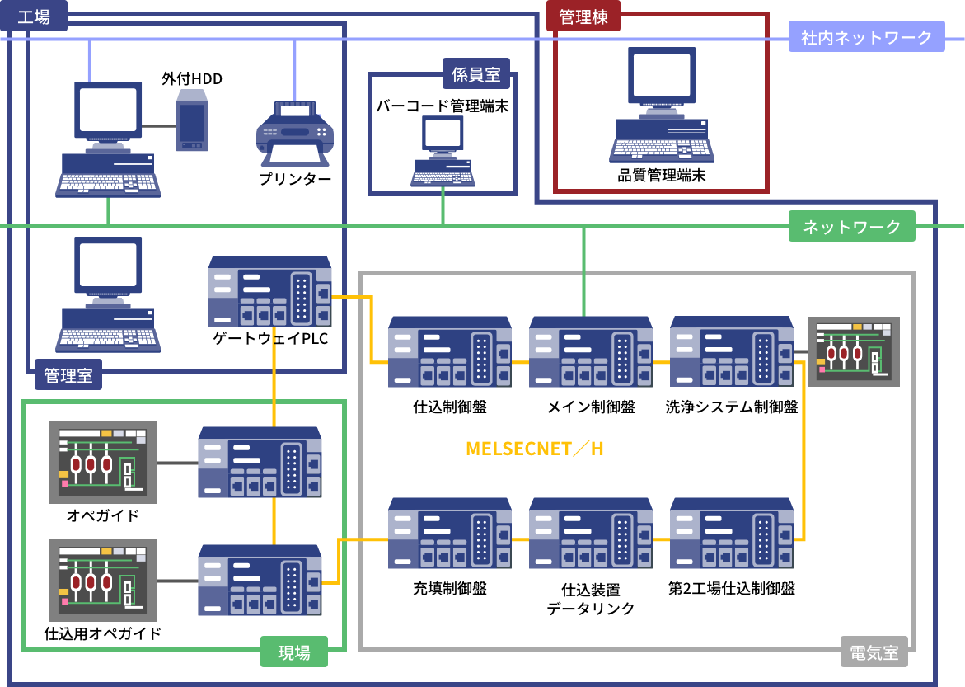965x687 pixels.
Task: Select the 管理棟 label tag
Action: coord(583,17)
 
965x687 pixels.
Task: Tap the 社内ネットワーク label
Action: coord(866,37)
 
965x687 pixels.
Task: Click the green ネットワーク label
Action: coord(851,227)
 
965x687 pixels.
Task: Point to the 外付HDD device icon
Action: coord(192,120)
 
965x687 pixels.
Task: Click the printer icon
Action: coord(294,134)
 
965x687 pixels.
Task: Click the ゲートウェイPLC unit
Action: coord(270,292)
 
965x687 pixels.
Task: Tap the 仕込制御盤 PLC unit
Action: coord(449,351)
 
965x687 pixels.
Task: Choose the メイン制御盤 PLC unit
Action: coord(591,351)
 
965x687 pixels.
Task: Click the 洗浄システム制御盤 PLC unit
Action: coord(731,351)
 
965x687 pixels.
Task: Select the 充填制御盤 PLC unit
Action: coord(449,534)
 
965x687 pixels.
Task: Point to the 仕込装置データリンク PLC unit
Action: coord(591,534)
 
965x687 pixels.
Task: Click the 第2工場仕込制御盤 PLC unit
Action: coord(731,534)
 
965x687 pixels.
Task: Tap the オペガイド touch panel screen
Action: coord(102,462)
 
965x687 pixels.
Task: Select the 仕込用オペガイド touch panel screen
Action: coord(102,580)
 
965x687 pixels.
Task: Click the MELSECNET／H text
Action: coord(535,449)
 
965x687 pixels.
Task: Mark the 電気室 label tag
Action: coord(874,653)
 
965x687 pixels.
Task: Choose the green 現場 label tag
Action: coord(294,653)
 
